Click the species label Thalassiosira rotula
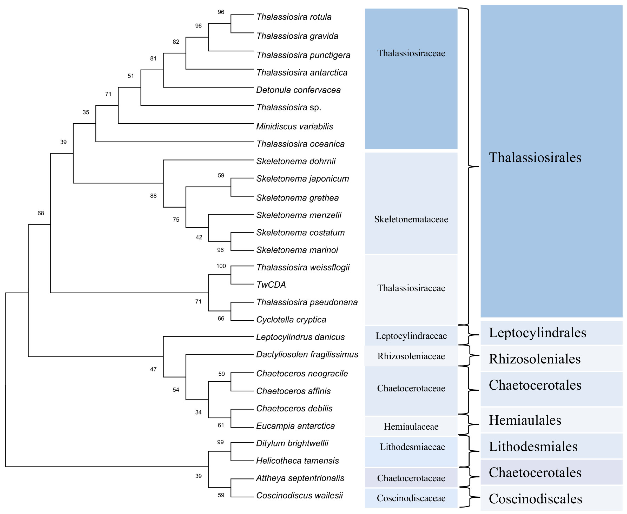tap(293, 17)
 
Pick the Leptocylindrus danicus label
tap(300, 337)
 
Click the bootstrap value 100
tap(221, 266)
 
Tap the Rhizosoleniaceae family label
tap(411, 356)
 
